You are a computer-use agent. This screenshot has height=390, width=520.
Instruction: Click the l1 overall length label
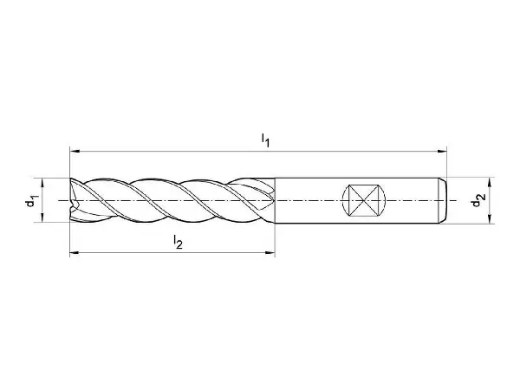point(265,140)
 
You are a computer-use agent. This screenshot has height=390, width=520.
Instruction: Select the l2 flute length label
point(178,242)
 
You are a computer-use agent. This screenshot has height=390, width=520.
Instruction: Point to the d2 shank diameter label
point(478,200)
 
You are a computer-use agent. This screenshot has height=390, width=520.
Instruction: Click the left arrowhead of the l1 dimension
point(75,152)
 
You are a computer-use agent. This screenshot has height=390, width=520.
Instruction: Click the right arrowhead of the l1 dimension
point(442,152)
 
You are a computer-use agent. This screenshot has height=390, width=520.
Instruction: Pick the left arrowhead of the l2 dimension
point(75,253)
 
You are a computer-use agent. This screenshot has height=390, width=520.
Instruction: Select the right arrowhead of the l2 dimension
point(270,253)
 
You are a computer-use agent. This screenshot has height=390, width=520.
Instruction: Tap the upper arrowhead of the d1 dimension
point(42,183)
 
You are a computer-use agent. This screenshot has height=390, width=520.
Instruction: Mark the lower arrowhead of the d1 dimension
point(42,218)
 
